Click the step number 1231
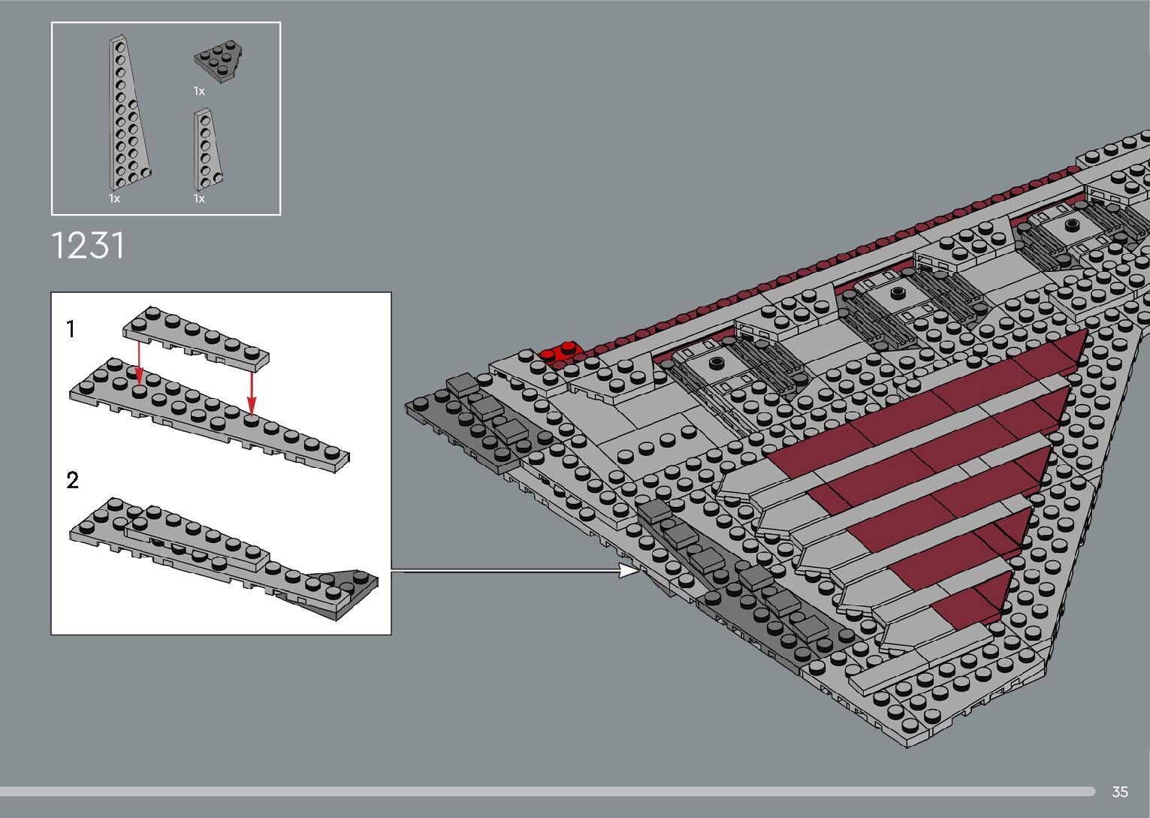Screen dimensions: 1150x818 pos(88,246)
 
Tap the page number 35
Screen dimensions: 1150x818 pos(1120,792)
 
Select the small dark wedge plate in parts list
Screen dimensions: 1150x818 pos(219,63)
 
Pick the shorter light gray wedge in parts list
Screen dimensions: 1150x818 pos(207,151)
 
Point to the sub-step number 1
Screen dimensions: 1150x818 pos(71,329)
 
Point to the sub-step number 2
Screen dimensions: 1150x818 pos(72,480)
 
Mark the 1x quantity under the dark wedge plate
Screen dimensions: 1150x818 pos(199,91)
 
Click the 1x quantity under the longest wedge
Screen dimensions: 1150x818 pos(114,198)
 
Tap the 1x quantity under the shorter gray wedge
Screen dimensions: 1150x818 pos(199,198)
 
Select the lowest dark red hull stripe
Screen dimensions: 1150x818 pos(969,601)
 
